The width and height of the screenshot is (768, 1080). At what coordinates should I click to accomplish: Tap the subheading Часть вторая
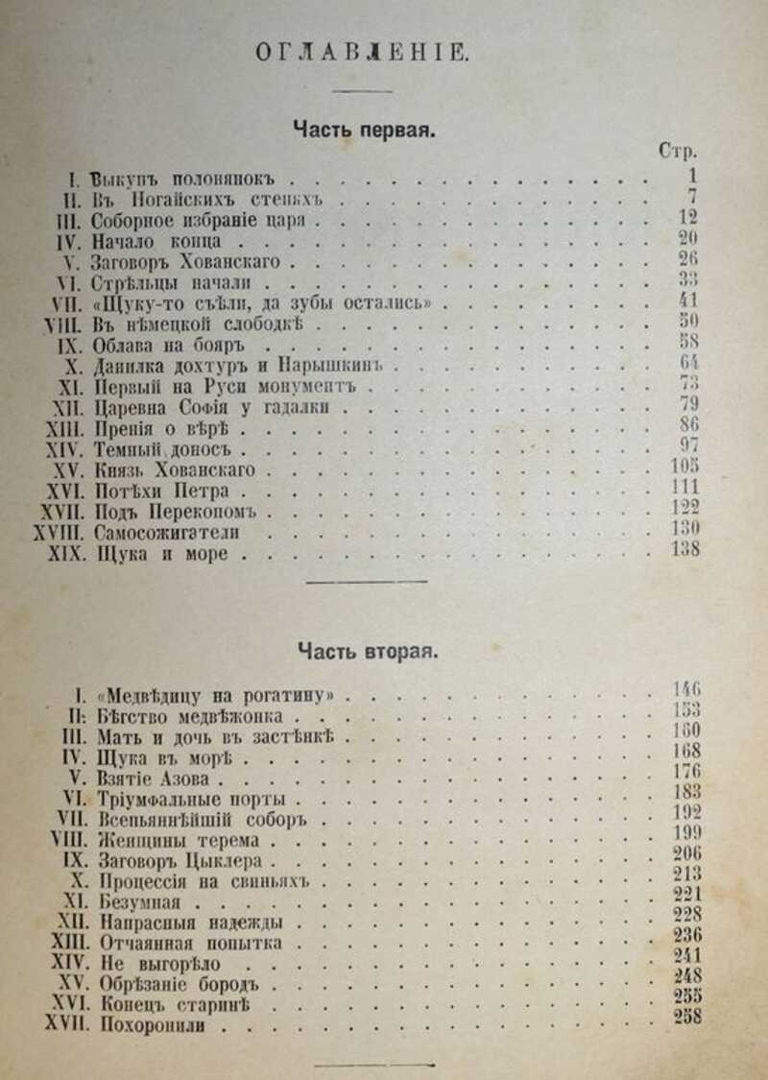pos(367,652)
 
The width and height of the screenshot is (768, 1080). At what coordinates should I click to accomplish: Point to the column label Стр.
pos(678,152)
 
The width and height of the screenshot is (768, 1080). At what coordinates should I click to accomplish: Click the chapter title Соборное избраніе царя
pos(205,221)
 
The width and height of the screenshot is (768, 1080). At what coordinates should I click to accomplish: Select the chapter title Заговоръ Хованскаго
pos(188,262)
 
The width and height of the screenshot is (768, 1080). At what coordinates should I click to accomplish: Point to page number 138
pos(685,550)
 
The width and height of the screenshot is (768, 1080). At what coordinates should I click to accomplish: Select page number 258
pos(687,1018)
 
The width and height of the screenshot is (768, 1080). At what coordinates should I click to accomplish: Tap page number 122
pos(685,508)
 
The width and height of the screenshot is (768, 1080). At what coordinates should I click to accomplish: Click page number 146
pos(686,688)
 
